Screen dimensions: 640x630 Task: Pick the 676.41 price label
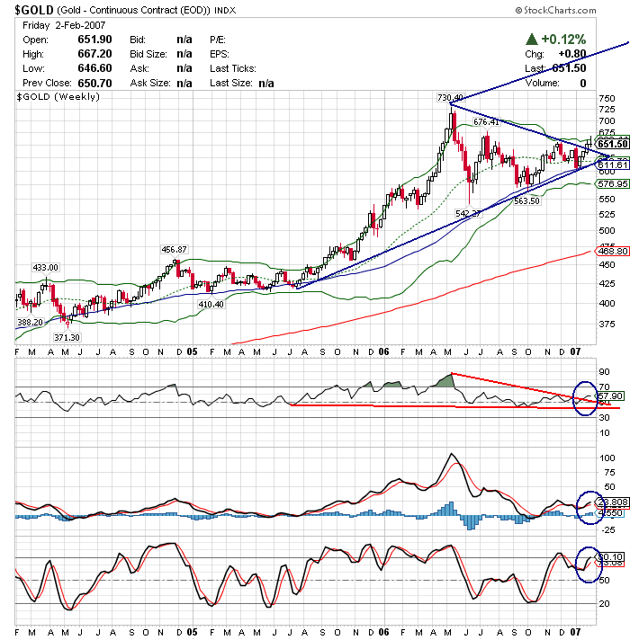point(486,122)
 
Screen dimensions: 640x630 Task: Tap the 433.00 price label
point(45,267)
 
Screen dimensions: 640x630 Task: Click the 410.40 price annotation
point(211,304)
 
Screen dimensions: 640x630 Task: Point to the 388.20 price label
point(30,322)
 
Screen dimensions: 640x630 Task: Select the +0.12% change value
point(562,40)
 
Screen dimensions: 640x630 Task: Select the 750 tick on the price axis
point(607,99)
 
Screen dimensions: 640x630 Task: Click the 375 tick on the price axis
point(607,324)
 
